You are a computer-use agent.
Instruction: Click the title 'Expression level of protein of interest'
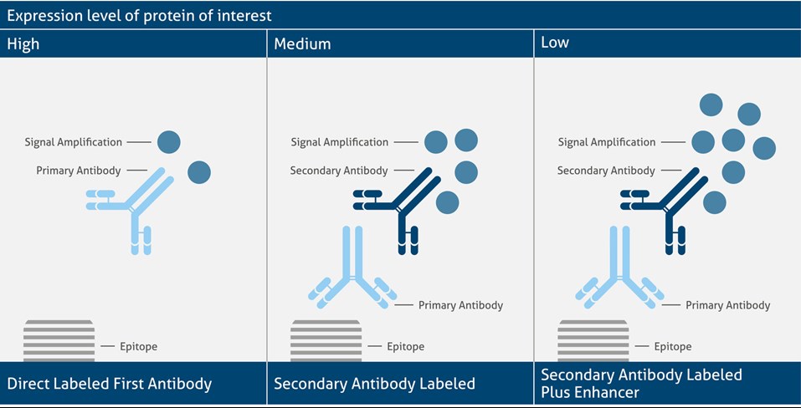139,15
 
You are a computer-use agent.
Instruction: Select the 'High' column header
23,43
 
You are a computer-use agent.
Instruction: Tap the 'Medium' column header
302,43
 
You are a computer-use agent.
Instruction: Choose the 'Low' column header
555,42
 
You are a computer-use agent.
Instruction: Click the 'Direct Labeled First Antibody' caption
110,384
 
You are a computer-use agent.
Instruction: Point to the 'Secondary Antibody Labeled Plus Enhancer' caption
642,384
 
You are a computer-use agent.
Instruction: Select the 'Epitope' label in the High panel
138,347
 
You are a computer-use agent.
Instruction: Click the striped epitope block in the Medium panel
326,340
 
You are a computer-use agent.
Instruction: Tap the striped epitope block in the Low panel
593,340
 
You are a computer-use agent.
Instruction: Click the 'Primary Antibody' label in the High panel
79,171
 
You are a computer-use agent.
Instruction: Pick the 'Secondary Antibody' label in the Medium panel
339,171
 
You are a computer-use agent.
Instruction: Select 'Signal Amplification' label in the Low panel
606,142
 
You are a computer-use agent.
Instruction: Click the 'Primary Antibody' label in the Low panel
727,305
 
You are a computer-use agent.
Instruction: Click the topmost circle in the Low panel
711,105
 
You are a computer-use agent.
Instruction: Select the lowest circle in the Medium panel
448,202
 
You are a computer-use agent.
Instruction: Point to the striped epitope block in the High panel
59,340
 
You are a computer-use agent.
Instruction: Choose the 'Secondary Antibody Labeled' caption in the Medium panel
374,384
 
